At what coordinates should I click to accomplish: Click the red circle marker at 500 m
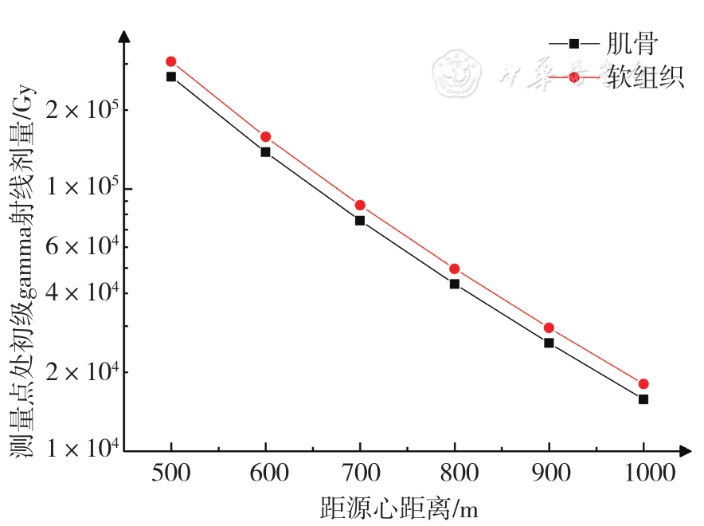point(170,61)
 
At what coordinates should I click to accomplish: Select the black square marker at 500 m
point(170,77)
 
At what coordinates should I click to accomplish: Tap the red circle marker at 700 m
point(360,205)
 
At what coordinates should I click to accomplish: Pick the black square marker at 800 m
point(455,284)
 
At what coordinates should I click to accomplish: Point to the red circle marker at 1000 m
point(643,383)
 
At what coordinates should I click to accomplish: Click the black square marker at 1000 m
point(643,398)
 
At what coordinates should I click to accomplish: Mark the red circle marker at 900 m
point(549,328)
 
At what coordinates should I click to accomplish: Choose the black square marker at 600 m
point(265,151)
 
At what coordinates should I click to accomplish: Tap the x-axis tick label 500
point(170,473)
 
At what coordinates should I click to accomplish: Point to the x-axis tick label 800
point(455,473)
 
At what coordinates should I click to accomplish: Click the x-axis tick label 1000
point(643,473)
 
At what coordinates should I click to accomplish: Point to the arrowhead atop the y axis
point(123,36)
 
